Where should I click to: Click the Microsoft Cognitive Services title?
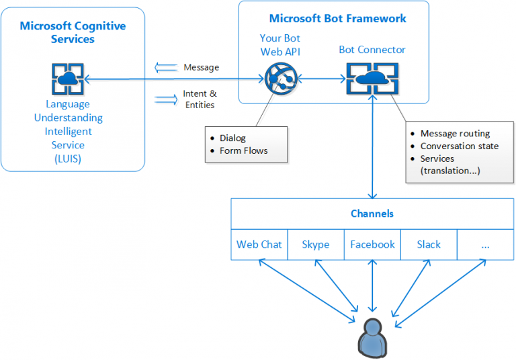tap(73, 32)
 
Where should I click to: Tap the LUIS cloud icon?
tap(67, 79)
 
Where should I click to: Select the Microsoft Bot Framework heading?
tap(337, 18)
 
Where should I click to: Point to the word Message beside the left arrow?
tap(201, 67)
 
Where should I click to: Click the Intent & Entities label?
tap(200, 99)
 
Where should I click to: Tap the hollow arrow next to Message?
tap(164, 67)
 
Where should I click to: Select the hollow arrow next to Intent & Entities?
tap(165, 99)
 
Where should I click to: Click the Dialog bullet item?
tap(232, 138)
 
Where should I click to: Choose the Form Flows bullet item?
tap(243, 150)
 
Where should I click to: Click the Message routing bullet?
tap(455, 133)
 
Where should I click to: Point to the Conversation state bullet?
tap(460, 146)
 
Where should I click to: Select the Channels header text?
tap(372, 214)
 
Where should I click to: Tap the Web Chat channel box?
tap(259, 244)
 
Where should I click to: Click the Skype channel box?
tap(316, 244)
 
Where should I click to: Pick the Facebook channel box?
tap(372, 244)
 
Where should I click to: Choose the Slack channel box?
tap(429, 244)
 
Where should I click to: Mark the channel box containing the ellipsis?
tap(485, 244)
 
